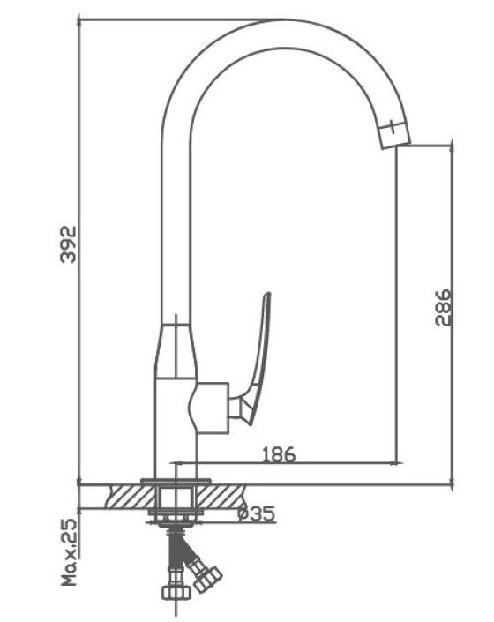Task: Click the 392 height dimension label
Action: pyautogui.click(x=68, y=244)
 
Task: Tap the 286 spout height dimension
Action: pyautogui.click(x=443, y=307)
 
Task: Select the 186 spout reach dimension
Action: pyautogui.click(x=279, y=454)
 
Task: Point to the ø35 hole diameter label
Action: pyautogui.click(x=257, y=513)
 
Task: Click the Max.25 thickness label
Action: pyautogui.click(x=69, y=552)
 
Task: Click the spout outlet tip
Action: pyautogui.click(x=396, y=141)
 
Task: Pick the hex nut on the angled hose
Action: pyautogui.click(x=208, y=580)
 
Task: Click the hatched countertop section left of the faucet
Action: pyautogui.click(x=130, y=497)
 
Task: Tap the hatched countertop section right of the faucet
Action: pyautogui.click(x=221, y=497)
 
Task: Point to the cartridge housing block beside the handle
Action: pyautogui.click(x=208, y=408)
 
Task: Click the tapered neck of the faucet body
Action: pyautogui.click(x=176, y=351)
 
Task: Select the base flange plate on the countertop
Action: pyautogui.click(x=176, y=482)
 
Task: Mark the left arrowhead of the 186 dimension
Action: pyautogui.click(x=175, y=462)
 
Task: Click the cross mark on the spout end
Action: pyautogui.click(x=392, y=127)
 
